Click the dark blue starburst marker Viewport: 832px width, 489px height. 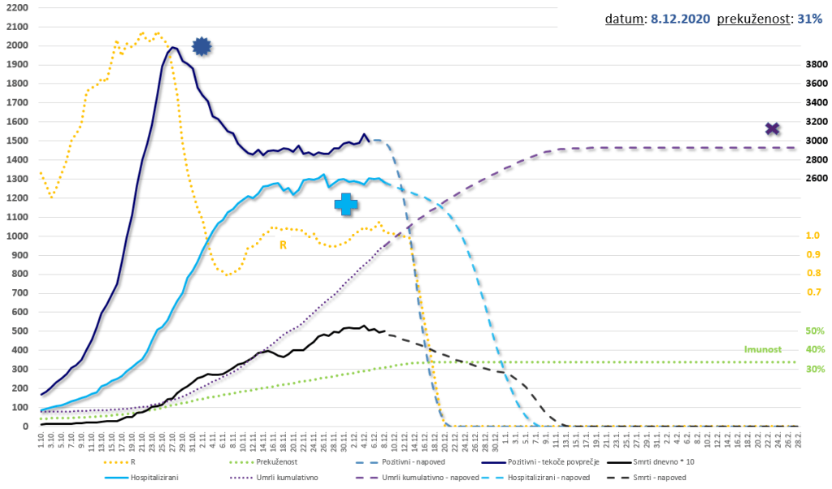coord(201,46)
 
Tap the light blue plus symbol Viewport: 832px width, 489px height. coord(346,204)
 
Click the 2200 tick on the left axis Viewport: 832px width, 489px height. coord(15,7)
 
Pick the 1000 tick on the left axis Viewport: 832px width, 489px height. coord(15,236)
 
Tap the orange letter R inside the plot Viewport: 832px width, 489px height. coord(283,244)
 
